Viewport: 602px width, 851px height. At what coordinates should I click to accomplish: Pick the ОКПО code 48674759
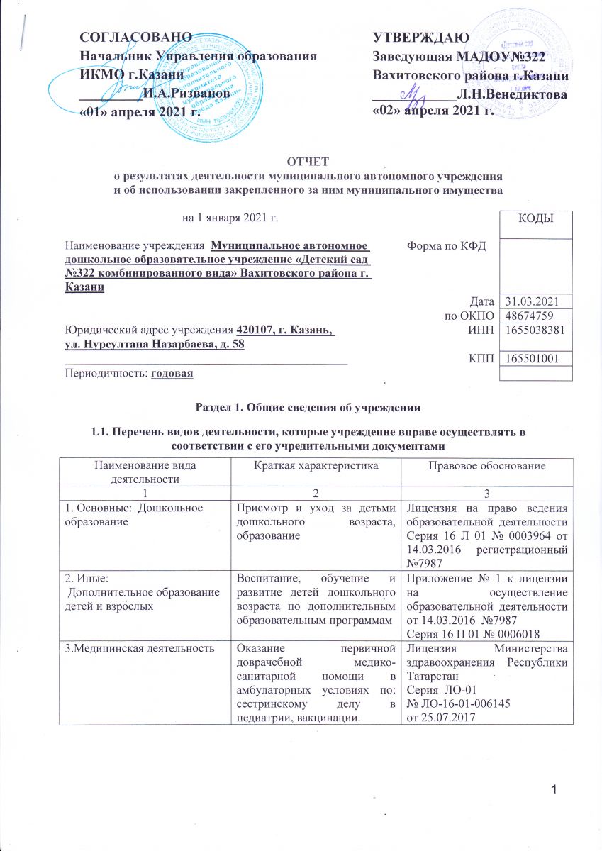coord(529,316)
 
